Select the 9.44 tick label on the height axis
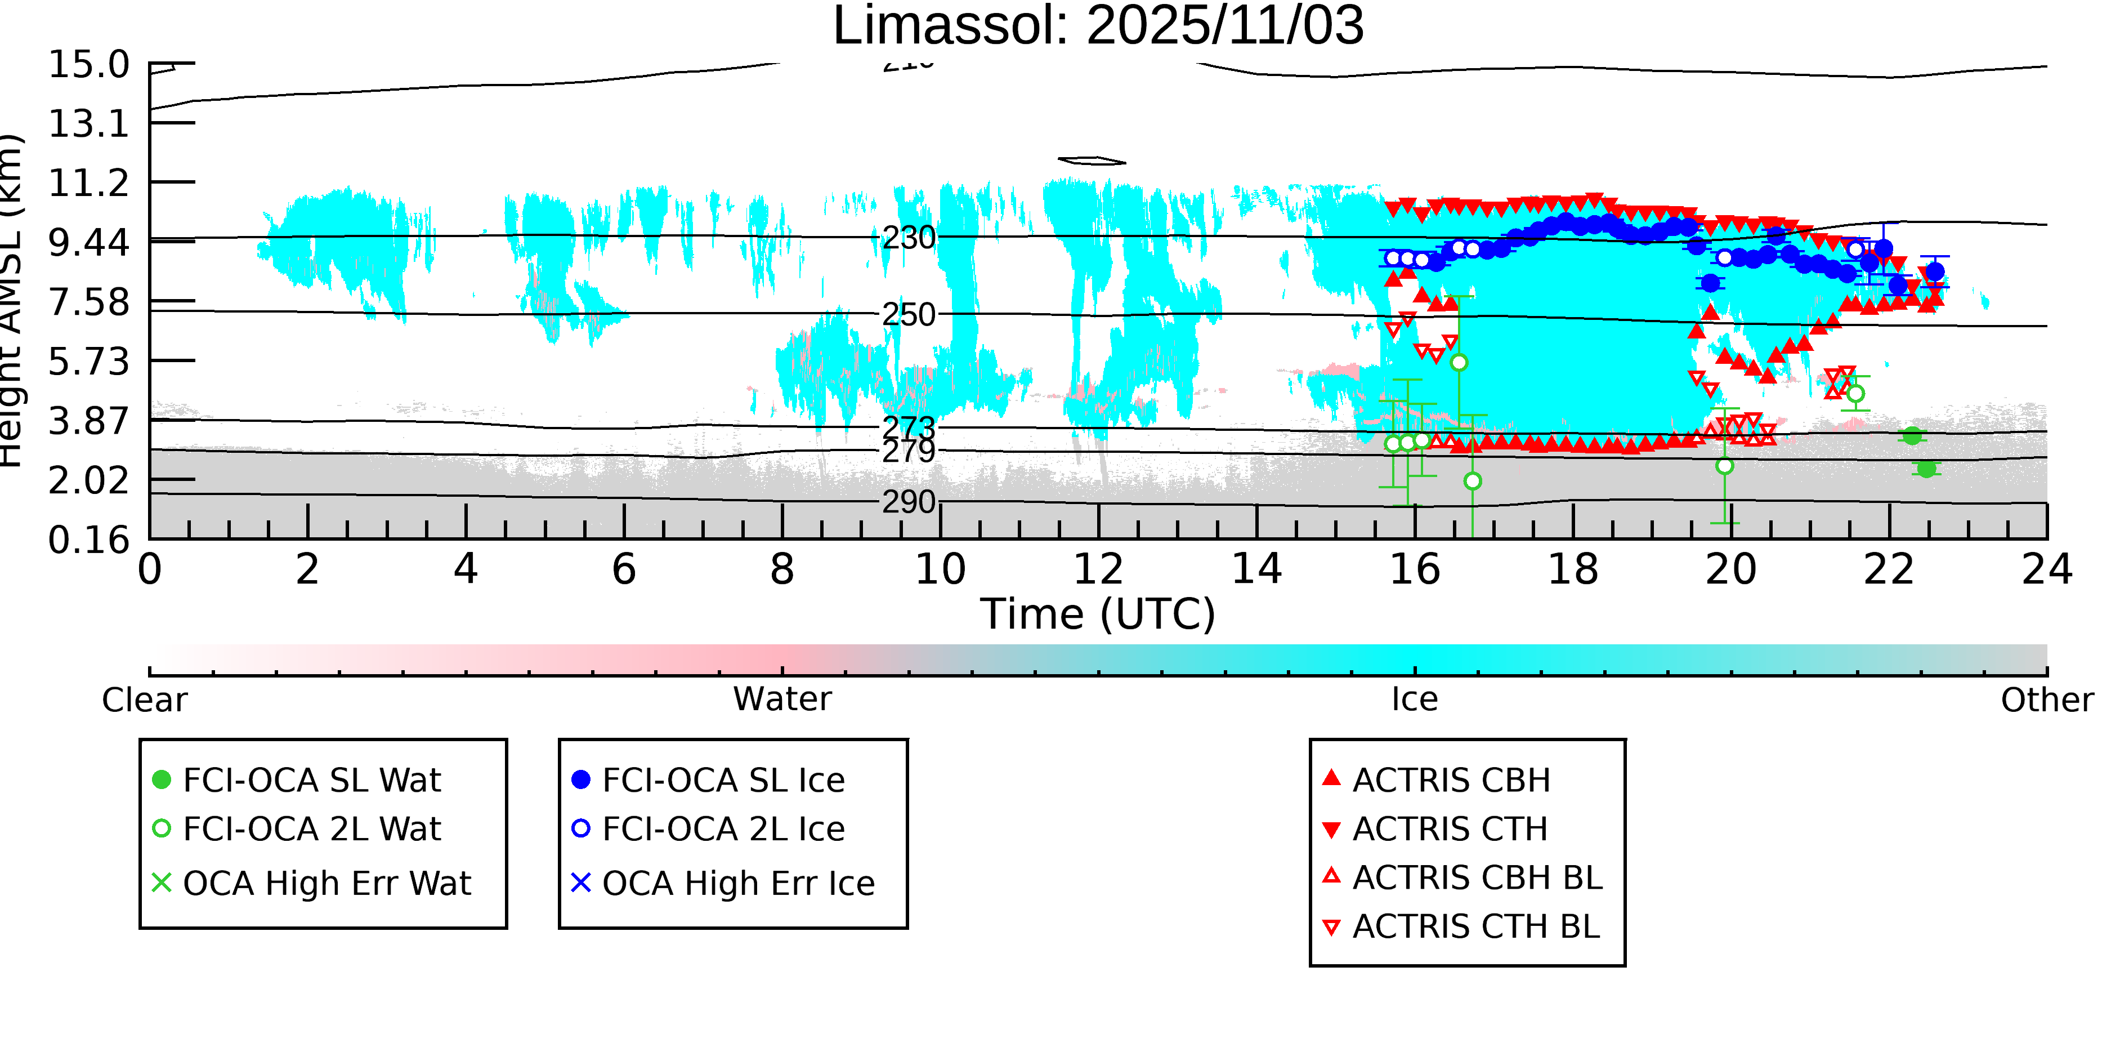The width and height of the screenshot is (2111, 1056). [x=88, y=243]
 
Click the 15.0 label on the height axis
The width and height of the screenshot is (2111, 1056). [x=88, y=65]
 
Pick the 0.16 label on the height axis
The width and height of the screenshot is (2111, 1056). [x=88, y=540]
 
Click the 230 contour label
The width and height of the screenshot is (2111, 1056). [x=908, y=239]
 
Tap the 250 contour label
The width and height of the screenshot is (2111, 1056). [x=908, y=315]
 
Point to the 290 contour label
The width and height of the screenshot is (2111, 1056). [x=908, y=502]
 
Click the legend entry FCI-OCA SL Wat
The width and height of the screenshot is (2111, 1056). [x=311, y=779]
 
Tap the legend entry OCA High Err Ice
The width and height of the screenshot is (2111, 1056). [x=737, y=884]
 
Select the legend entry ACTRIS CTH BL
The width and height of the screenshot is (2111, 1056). [x=1475, y=926]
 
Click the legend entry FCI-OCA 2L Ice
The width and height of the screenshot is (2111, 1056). [x=723, y=829]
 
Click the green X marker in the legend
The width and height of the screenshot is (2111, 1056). [x=162, y=883]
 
